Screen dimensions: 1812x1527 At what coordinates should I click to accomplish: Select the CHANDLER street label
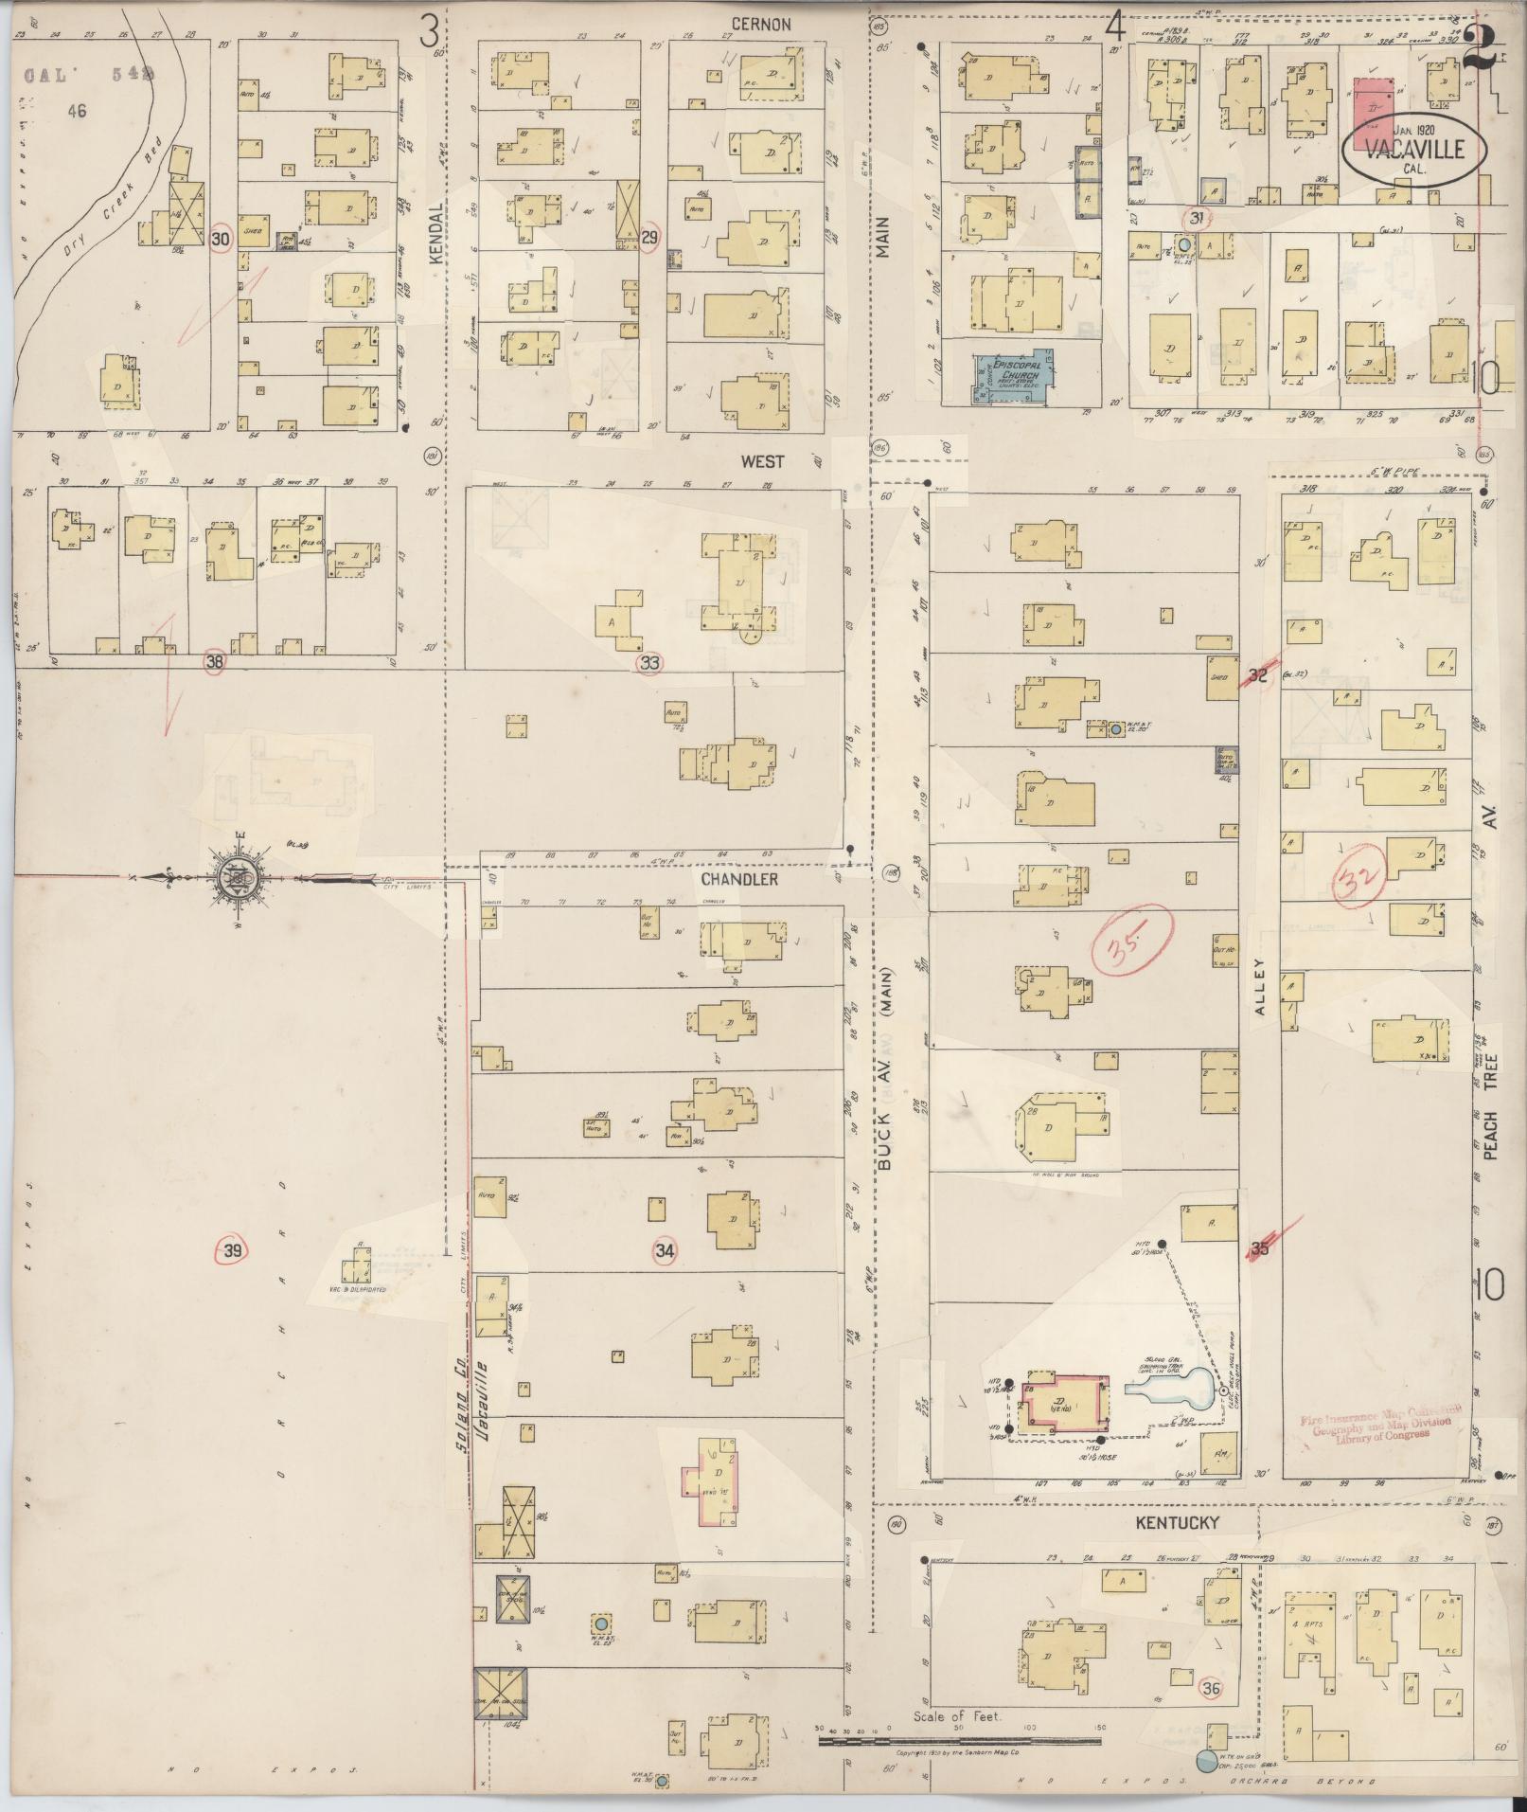739,879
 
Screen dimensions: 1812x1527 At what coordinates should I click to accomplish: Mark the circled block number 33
649,663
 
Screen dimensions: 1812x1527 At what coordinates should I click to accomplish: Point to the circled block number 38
215,662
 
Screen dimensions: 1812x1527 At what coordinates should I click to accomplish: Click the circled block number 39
233,1251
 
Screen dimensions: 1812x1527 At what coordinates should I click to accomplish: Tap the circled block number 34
666,1250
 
